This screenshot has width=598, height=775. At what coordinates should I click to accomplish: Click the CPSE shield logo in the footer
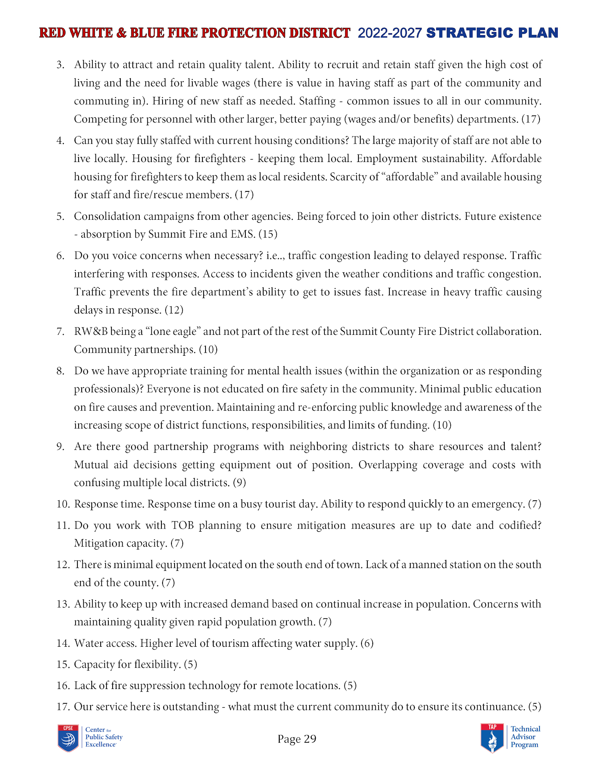click(68, 738)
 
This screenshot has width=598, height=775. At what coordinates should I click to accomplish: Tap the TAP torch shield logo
click(492, 738)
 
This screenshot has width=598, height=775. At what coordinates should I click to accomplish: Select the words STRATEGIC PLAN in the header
click(492, 33)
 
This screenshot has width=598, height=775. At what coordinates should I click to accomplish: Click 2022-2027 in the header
click(389, 33)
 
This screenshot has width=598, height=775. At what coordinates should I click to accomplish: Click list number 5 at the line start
click(60, 216)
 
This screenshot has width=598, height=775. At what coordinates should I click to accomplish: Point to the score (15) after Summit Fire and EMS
click(268, 234)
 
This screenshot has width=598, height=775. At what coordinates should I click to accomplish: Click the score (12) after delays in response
click(174, 310)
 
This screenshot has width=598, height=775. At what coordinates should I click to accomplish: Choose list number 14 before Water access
click(63, 643)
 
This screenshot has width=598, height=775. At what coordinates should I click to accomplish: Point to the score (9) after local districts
click(239, 482)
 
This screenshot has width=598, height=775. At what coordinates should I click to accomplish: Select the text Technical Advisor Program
click(525, 737)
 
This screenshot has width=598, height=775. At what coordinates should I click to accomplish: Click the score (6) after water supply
click(367, 643)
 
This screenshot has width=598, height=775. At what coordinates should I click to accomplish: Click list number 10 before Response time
click(63, 504)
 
